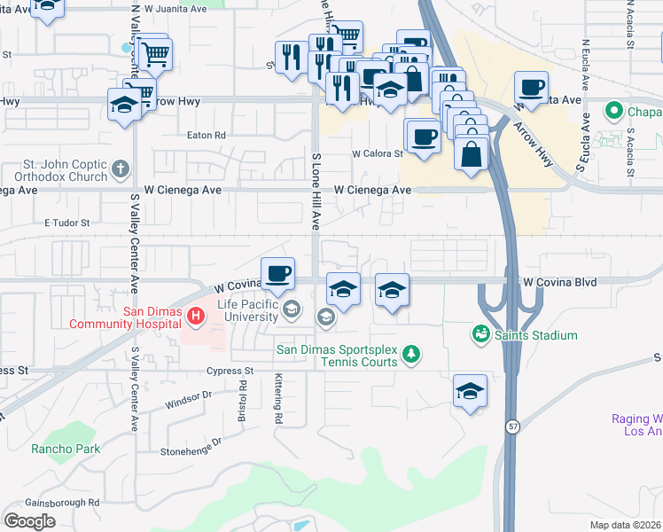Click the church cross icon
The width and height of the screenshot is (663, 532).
click(x=122, y=168)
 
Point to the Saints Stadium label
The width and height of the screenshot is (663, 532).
click(x=536, y=335)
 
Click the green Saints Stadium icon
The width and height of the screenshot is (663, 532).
click(x=480, y=334)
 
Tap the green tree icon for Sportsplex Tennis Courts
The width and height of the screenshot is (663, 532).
click(x=410, y=355)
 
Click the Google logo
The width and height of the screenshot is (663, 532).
click(x=29, y=520)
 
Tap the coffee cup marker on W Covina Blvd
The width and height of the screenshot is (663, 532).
click(x=277, y=273)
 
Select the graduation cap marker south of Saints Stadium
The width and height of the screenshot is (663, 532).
click(x=470, y=391)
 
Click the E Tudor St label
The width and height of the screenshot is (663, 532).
click(x=67, y=223)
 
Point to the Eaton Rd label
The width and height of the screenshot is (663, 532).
click(x=207, y=136)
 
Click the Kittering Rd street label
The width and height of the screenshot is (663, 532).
click(x=277, y=399)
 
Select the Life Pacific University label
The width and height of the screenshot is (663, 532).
click(x=240, y=310)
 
